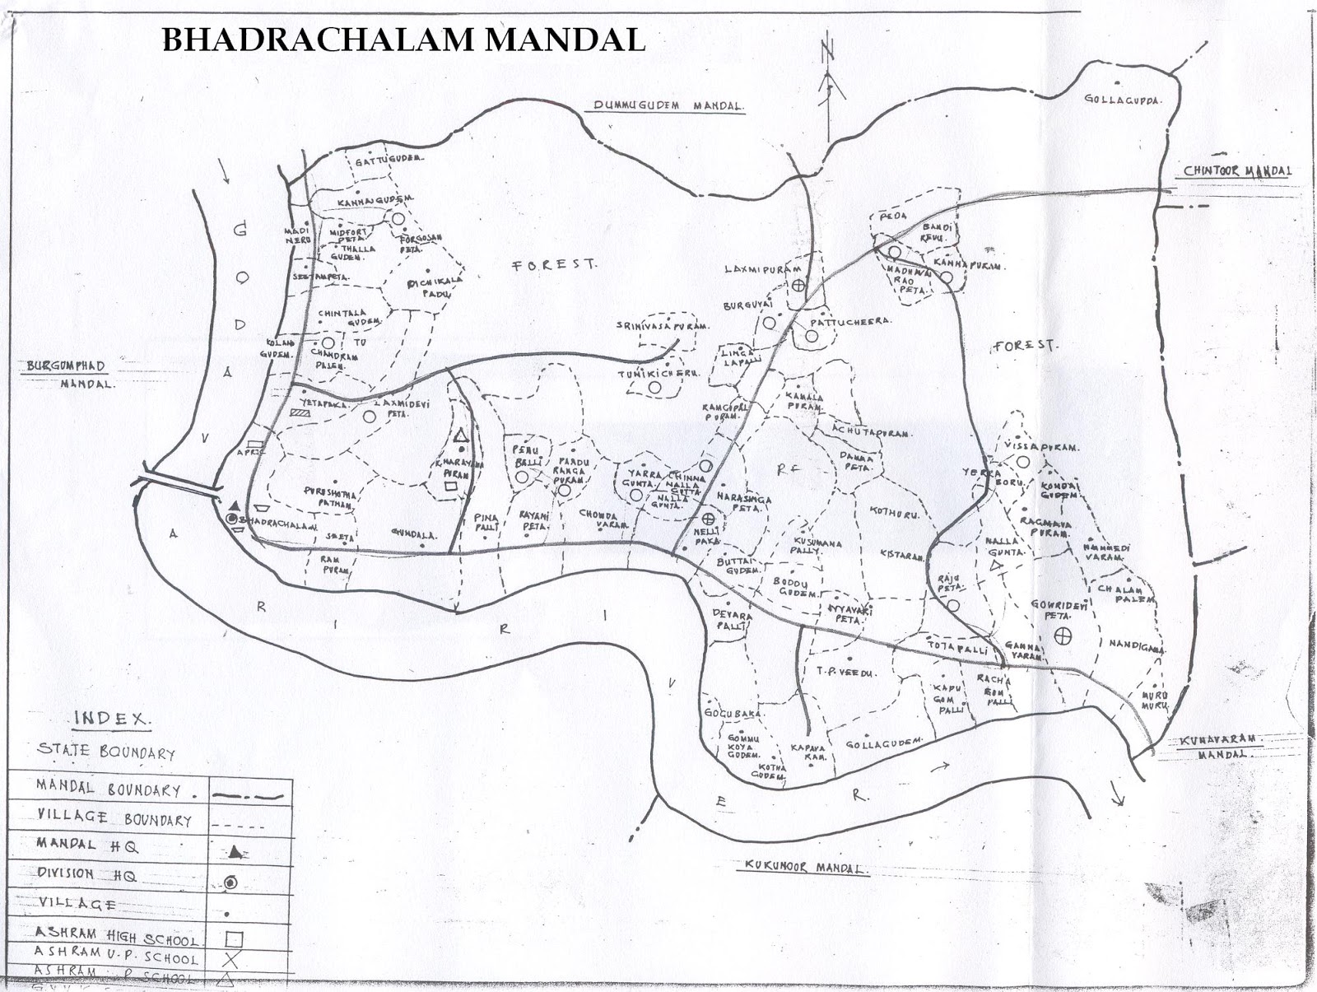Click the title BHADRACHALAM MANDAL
click(403, 39)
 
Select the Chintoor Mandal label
click(1237, 170)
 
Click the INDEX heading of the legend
click(112, 719)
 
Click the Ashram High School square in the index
click(234, 938)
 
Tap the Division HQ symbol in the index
click(231, 882)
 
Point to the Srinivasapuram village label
click(662, 326)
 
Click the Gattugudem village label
click(389, 161)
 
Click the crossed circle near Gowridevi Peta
click(1063, 635)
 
